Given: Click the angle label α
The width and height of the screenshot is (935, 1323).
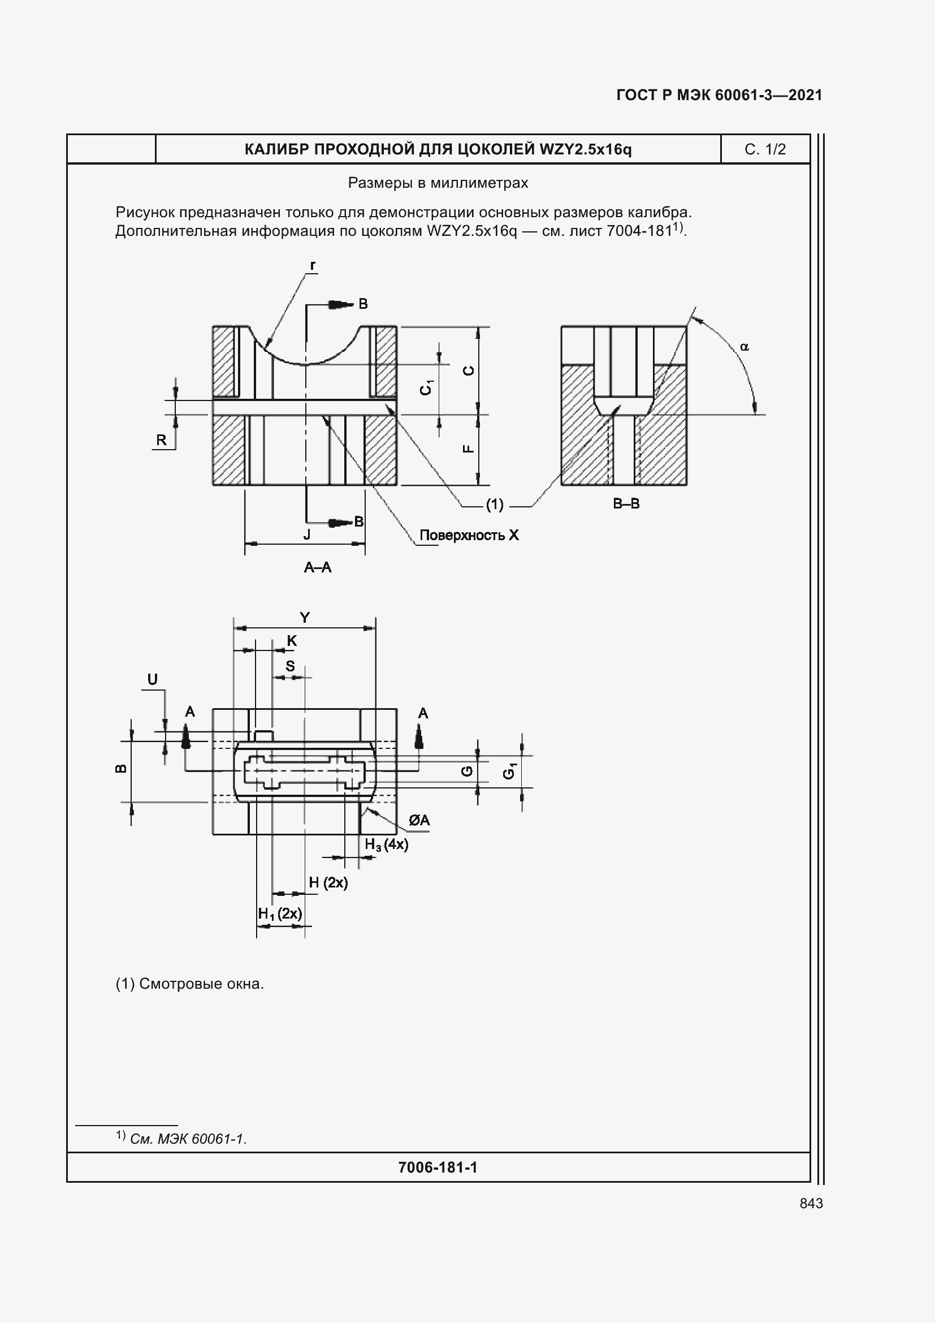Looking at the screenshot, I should click(744, 347).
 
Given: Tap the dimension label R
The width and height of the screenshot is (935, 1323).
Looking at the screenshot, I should click(161, 440).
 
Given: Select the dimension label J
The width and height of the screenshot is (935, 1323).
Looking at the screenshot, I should click(307, 535).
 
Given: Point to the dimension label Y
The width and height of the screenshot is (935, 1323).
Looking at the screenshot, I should click(305, 618).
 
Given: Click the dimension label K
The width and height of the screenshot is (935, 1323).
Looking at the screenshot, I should click(292, 641).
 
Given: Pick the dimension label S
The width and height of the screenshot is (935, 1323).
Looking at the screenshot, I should click(290, 666).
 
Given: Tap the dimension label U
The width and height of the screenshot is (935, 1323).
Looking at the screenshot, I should click(153, 680).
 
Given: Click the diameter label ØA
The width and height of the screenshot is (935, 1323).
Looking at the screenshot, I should click(419, 821).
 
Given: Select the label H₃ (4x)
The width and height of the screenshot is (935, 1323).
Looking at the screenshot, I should click(386, 844).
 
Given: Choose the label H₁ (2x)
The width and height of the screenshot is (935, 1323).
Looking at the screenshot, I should click(280, 914).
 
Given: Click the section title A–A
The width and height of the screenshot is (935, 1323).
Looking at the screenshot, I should click(318, 567).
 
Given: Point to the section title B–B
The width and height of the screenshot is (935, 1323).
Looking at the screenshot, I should click(626, 503).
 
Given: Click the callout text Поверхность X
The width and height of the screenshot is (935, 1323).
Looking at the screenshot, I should click(469, 535).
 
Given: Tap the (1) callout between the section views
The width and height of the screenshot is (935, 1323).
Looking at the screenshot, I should click(495, 505).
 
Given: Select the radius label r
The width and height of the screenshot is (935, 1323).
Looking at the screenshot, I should click(313, 266).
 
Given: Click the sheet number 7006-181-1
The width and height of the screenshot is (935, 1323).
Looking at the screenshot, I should click(438, 1168).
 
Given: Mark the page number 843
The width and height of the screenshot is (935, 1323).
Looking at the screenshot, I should click(811, 1204).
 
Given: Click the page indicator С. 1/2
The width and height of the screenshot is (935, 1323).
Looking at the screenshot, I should click(765, 150).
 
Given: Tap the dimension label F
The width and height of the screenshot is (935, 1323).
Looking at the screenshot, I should click(469, 449).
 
